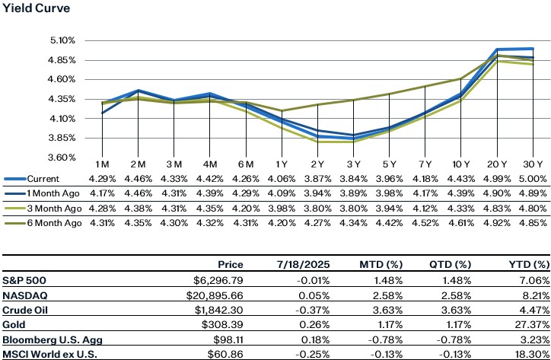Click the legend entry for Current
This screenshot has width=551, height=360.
point(46,177)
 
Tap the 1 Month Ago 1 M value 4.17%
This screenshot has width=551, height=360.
point(103,193)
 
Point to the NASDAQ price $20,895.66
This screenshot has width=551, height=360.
point(218,293)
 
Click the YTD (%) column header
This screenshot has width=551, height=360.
point(527,264)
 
